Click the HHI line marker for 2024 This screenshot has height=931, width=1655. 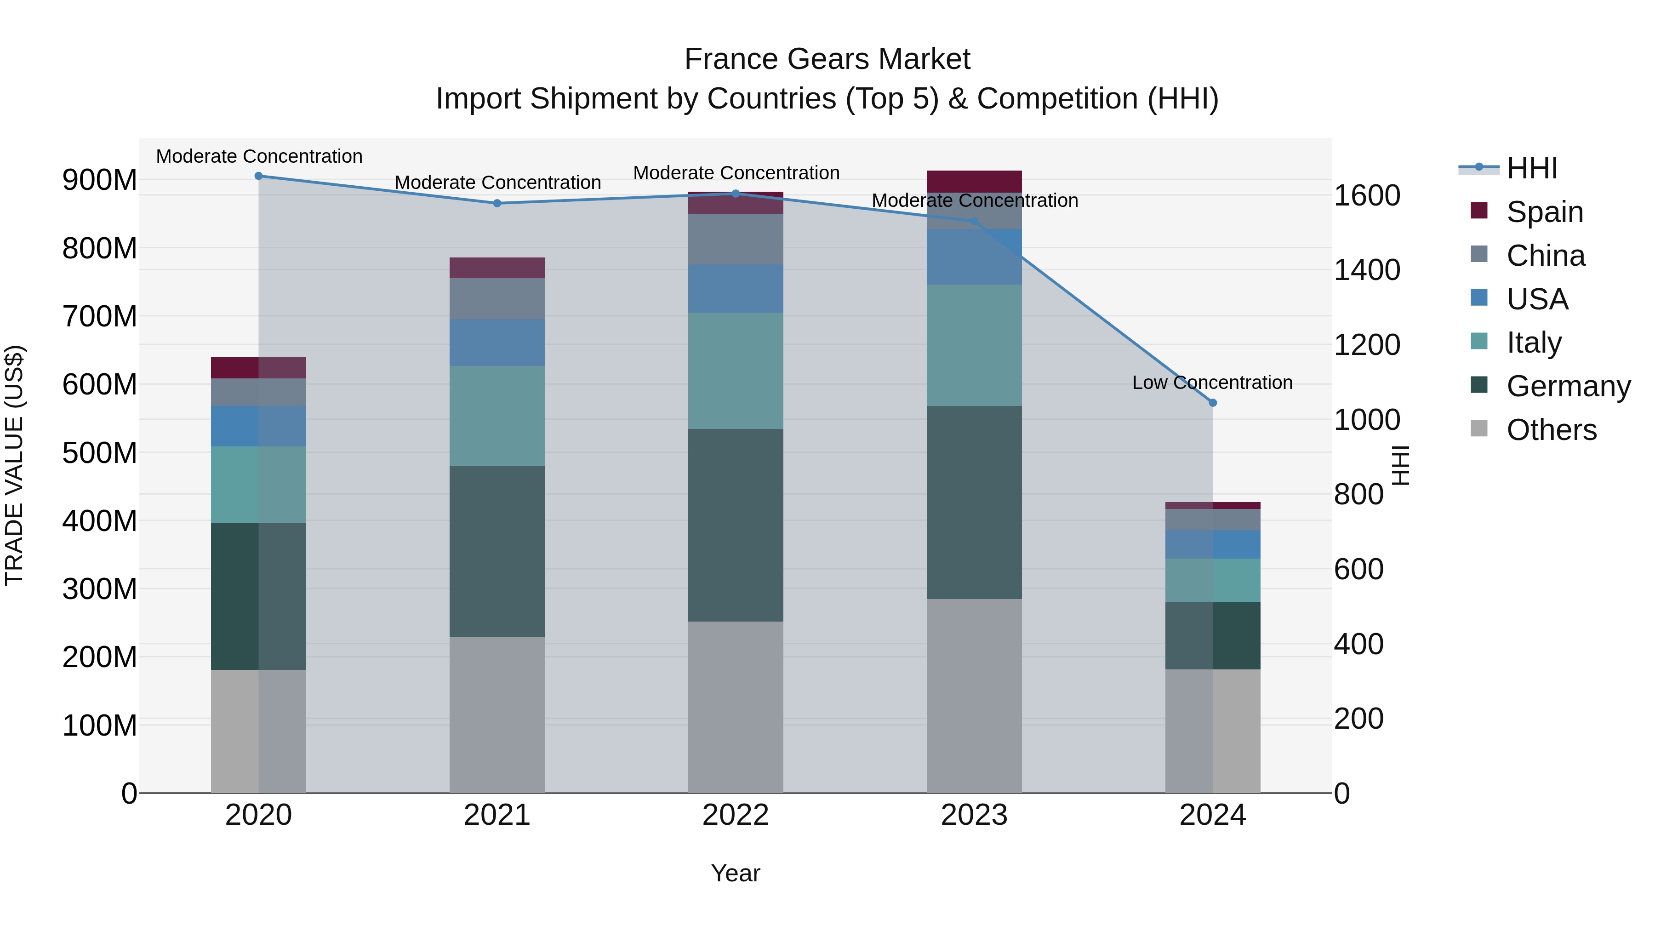tap(1212, 403)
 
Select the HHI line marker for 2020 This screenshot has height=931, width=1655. tap(258, 176)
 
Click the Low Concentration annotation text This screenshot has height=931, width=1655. tap(1212, 383)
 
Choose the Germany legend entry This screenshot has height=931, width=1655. tap(1568, 386)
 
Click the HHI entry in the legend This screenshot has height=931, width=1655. tap(1531, 168)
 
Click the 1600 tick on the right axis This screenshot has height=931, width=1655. tap(1367, 195)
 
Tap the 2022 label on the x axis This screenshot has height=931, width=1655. tap(735, 815)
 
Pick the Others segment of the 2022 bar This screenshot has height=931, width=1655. tap(735, 707)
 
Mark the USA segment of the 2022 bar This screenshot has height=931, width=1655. tap(735, 288)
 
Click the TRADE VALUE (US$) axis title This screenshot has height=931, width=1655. tap(14, 465)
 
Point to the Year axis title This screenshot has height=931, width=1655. tap(735, 873)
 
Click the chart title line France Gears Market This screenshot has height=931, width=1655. tap(827, 59)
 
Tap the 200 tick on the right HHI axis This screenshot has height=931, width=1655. tap(1358, 719)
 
